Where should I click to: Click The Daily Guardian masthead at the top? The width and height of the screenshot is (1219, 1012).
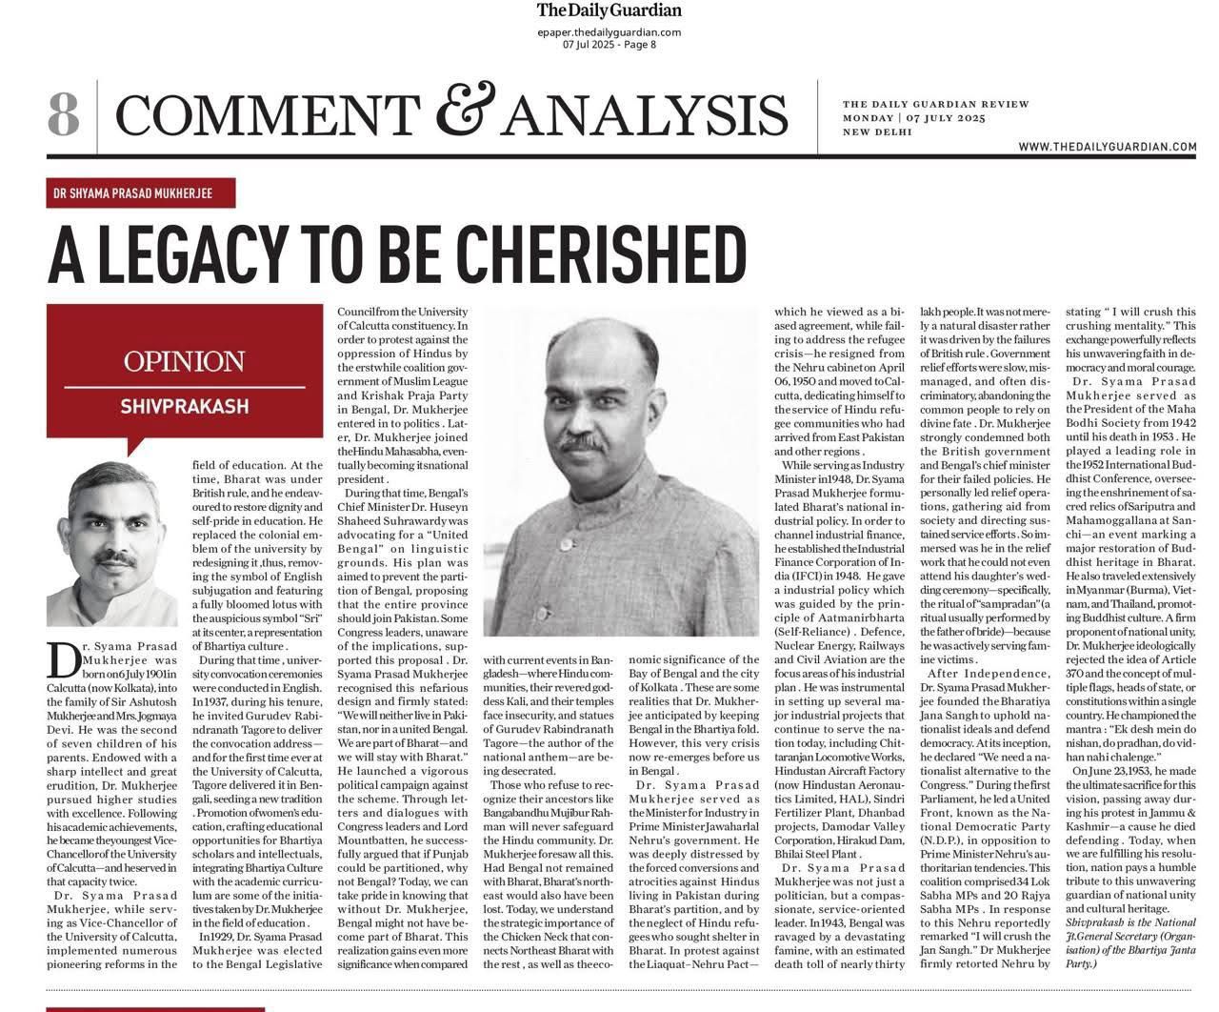click(x=609, y=11)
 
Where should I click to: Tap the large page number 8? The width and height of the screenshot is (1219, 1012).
click(x=63, y=114)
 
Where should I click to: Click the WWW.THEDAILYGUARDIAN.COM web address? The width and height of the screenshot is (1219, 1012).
click(x=1107, y=147)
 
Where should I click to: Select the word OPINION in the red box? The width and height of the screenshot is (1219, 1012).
click(x=184, y=362)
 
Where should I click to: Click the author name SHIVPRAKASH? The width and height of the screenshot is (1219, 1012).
click(x=184, y=406)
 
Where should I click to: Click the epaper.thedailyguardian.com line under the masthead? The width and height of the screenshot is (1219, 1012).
click(x=609, y=32)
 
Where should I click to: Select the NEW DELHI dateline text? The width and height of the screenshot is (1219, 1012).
click(x=877, y=132)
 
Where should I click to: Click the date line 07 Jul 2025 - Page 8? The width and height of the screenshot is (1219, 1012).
click(x=609, y=45)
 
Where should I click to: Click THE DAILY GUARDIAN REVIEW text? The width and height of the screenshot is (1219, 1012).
click(x=935, y=104)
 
